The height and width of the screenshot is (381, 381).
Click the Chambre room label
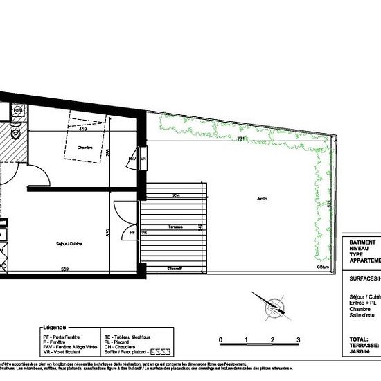coord(85,148)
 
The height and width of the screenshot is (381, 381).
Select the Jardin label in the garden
coord(262,199)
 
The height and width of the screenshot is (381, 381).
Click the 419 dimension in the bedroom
coord(82,130)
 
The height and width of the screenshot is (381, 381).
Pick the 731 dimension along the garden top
coord(240,140)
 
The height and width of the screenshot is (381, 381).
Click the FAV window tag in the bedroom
coord(132,159)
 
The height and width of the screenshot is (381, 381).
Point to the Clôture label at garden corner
coord(322,267)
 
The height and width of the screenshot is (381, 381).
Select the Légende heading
coord(54,326)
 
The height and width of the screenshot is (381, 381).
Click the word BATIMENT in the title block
coord(364,243)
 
